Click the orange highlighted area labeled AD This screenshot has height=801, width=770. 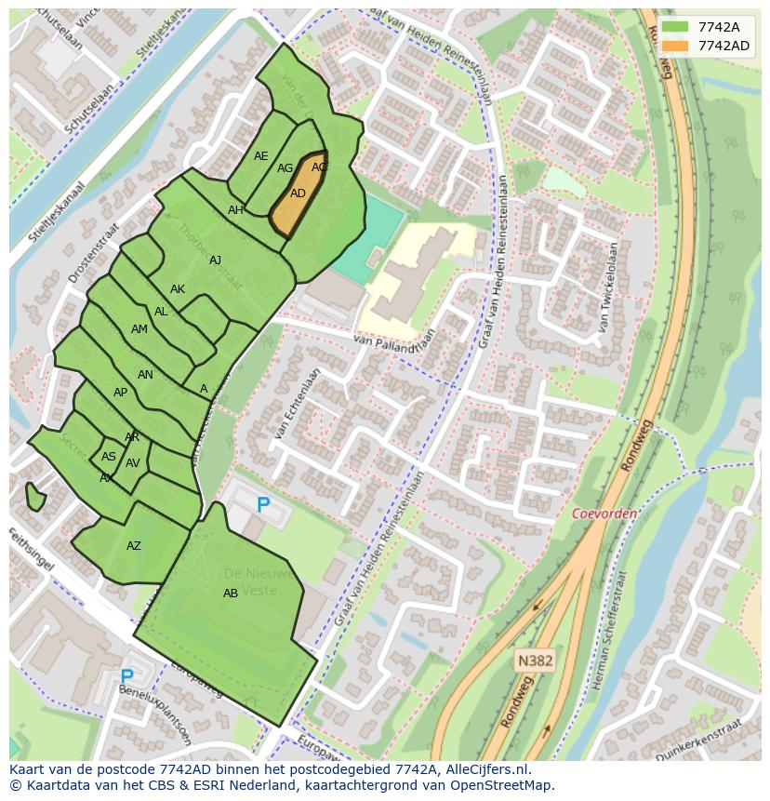[x=298, y=194]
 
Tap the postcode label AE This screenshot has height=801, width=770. [x=261, y=156]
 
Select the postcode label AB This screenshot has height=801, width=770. [x=231, y=594]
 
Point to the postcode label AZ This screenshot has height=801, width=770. [x=134, y=546]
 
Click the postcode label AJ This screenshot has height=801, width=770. [x=216, y=260]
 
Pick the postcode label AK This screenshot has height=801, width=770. [x=178, y=289]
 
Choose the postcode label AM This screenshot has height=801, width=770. [x=139, y=329]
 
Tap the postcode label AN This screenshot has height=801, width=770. [x=145, y=375]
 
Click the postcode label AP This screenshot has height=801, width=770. [x=120, y=393]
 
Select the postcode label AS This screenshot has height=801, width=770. [x=109, y=457]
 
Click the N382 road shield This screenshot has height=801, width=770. [x=535, y=661]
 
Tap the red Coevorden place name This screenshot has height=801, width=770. [x=604, y=514]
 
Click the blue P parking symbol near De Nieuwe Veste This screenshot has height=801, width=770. [x=263, y=505]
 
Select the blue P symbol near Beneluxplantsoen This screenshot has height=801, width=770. [x=126, y=676]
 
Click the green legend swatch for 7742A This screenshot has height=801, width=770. [x=675, y=27]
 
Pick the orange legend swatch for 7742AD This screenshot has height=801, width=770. [x=675, y=46]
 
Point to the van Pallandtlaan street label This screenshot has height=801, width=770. [x=394, y=343]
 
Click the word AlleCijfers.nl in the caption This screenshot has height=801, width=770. [x=487, y=769]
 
